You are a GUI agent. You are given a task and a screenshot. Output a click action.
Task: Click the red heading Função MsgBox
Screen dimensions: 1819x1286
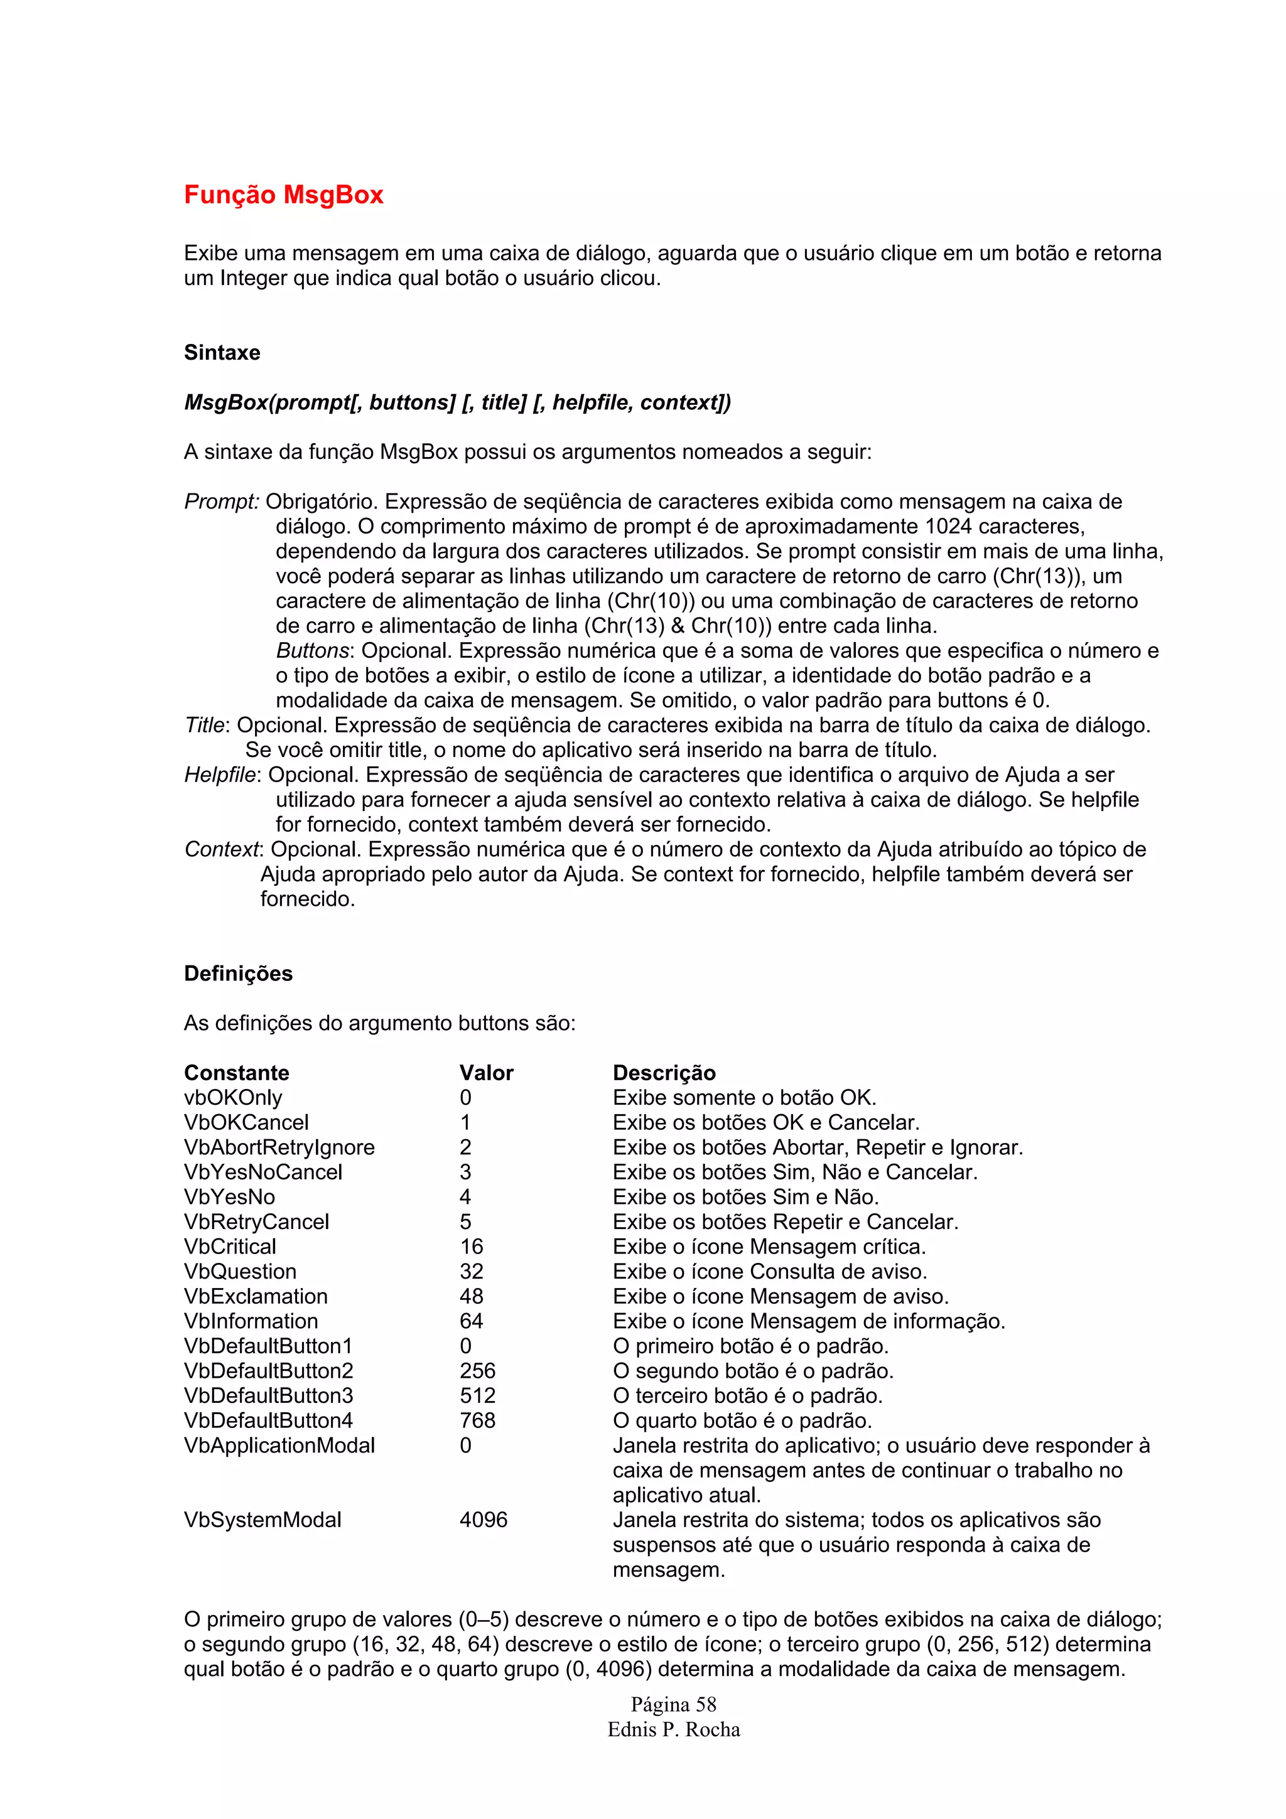pos(284,195)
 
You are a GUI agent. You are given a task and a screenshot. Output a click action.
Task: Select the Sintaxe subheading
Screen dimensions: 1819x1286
pos(222,353)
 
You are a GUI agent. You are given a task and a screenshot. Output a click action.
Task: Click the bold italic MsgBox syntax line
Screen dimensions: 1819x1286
pos(457,402)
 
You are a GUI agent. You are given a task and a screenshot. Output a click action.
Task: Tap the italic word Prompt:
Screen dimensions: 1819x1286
pos(221,502)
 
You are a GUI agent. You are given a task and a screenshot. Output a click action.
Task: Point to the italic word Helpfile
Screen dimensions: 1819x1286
pos(220,775)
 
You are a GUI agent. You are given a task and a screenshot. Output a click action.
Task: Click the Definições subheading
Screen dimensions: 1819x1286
pos(238,974)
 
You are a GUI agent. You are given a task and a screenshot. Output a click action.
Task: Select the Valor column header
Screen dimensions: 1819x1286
pos(486,1073)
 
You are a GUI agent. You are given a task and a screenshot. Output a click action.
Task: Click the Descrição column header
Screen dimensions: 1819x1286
pos(664,1073)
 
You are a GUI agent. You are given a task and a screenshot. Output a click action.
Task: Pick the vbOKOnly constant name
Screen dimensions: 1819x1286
pos(233,1097)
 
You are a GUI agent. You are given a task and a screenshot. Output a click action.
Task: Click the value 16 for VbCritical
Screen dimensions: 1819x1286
pos(472,1246)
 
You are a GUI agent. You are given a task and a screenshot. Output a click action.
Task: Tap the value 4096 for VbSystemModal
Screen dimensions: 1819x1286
pos(484,1520)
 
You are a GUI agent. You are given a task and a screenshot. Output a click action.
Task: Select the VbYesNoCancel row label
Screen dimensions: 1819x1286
pos(263,1172)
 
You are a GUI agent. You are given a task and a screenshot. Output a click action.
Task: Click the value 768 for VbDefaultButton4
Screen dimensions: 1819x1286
pos(477,1420)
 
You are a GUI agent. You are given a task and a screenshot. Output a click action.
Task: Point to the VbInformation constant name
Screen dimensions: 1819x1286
pos(251,1321)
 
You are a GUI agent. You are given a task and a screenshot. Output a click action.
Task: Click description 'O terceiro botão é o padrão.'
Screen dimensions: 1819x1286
pos(747,1395)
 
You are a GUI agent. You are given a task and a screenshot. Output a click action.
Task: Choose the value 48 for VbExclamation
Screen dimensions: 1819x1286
pos(472,1296)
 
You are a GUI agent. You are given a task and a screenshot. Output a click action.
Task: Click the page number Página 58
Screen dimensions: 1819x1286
pos(674,1705)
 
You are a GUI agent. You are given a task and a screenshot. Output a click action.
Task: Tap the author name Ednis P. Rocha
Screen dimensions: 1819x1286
pos(674,1729)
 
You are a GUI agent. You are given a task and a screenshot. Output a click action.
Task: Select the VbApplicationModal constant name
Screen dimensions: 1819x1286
pos(279,1445)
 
